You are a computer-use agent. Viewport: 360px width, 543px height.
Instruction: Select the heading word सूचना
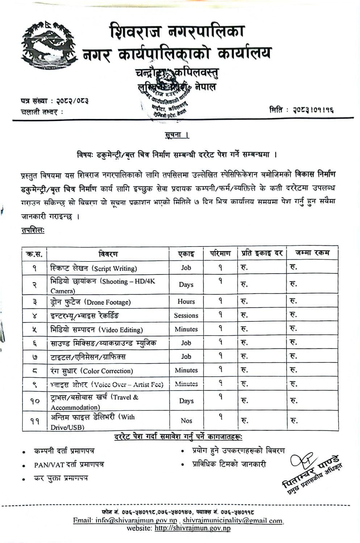pyautogui.click(x=177, y=136)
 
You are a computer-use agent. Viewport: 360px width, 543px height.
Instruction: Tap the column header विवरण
pyautogui.click(x=108, y=254)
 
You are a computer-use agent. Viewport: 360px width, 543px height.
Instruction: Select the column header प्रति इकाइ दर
pyautogui.click(x=262, y=253)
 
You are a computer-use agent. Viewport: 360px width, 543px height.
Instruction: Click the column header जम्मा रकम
pyautogui.click(x=312, y=253)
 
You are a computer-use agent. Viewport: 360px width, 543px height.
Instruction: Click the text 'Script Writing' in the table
pyautogui.click(x=114, y=269)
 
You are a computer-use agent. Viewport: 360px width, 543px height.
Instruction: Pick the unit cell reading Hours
pyautogui.click(x=186, y=302)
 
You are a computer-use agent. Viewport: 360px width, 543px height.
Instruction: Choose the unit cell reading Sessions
pyautogui.click(x=186, y=315)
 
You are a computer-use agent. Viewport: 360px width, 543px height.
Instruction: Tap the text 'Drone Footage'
pyautogui.click(x=107, y=302)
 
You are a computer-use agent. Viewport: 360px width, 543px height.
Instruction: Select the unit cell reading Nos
pyautogui.click(x=186, y=421)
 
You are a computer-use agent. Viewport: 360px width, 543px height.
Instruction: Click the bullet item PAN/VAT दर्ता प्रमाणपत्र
pyautogui.click(x=69, y=465)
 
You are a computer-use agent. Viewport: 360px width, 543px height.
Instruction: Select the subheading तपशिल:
pyautogui.click(x=33, y=230)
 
